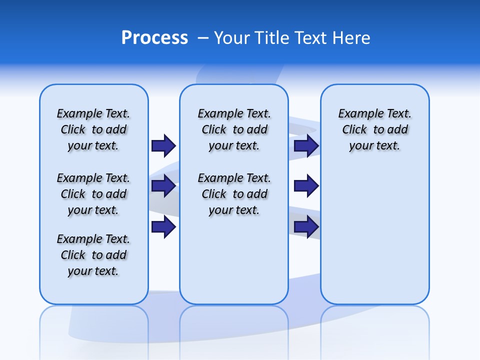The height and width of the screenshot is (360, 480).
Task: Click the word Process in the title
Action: [154, 37]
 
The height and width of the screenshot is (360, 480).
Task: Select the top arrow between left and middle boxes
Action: [163, 145]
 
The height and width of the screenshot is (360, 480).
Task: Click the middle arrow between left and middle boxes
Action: [163, 186]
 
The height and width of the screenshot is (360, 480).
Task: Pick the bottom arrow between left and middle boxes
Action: [163, 226]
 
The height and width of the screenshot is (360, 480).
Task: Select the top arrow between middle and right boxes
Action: [306, 145]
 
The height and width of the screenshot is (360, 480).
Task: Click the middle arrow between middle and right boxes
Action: [306, 186]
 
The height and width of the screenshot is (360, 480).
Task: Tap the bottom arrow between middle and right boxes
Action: [306, 226]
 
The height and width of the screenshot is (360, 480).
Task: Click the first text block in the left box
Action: [93, 129]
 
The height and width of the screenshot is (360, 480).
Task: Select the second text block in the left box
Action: [93, 194]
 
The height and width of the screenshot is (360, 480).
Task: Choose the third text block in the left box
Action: [93, 255]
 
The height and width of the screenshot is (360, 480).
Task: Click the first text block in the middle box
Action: [234, 129]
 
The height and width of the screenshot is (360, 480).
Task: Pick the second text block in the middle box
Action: [234, 194]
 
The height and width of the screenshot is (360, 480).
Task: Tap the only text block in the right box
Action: [374, 129]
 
